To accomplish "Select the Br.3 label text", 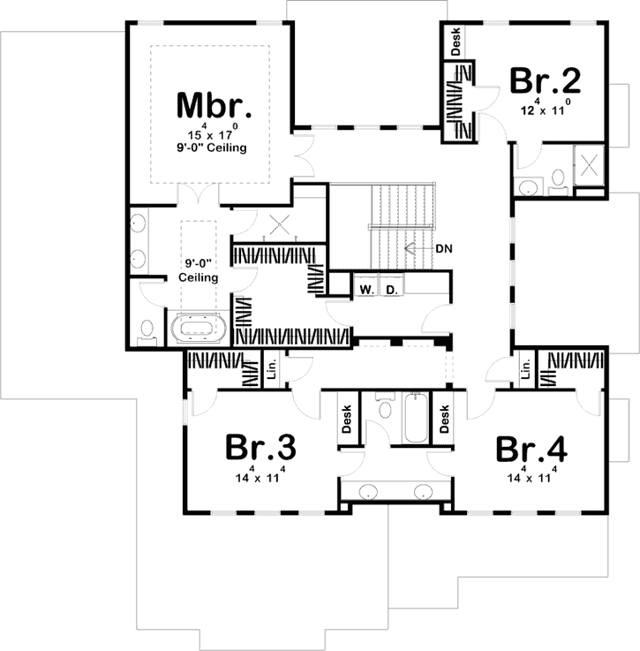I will pyautogui.click(x=260, y=448).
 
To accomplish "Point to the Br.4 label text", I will pyautogui.click(x=531, y=448).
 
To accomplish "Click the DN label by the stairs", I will pyautogui.click(x=444, y=248).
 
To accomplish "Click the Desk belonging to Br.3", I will pyautogui.click(x=347, y=419).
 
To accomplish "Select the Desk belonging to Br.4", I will pyautogui.click(x=445, y=419).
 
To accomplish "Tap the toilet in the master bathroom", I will pyautogui.click(x=147, y=329).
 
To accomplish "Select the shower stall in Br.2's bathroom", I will pyautogui.click(x=588, y=163).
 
